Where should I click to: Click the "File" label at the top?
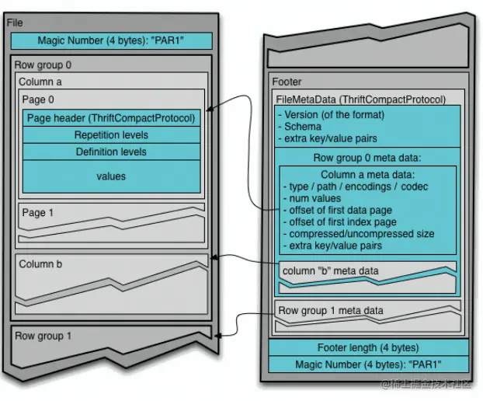pos(15,23)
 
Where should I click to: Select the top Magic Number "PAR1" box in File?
pos(111,41)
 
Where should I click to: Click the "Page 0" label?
pos(39,99)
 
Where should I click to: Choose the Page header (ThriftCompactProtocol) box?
pos(111,118)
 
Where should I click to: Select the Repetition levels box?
pos(111,135)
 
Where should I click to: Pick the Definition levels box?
pos(111,152)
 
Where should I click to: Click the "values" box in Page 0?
pos(111,176)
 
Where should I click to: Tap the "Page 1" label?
pos(39,211)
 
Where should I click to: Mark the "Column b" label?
pos(40,264)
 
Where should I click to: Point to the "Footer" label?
pos(287,82)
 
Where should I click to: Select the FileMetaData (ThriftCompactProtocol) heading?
pos(361,99)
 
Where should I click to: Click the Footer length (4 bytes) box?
pos(368,347)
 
